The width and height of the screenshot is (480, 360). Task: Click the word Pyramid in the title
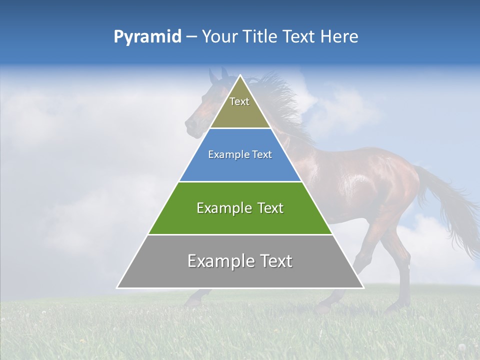(x=147, y=37)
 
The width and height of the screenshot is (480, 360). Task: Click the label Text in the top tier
(x=239, y=101)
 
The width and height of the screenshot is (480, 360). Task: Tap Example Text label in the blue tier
(x=240, y=154)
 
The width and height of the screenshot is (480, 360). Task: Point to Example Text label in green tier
(x=240, y=208)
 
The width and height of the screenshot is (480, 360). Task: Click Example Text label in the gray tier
(x=240, y=261)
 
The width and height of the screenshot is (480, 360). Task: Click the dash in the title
(x=191, y=37)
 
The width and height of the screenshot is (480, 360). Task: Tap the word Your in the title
(x=219, y=37)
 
